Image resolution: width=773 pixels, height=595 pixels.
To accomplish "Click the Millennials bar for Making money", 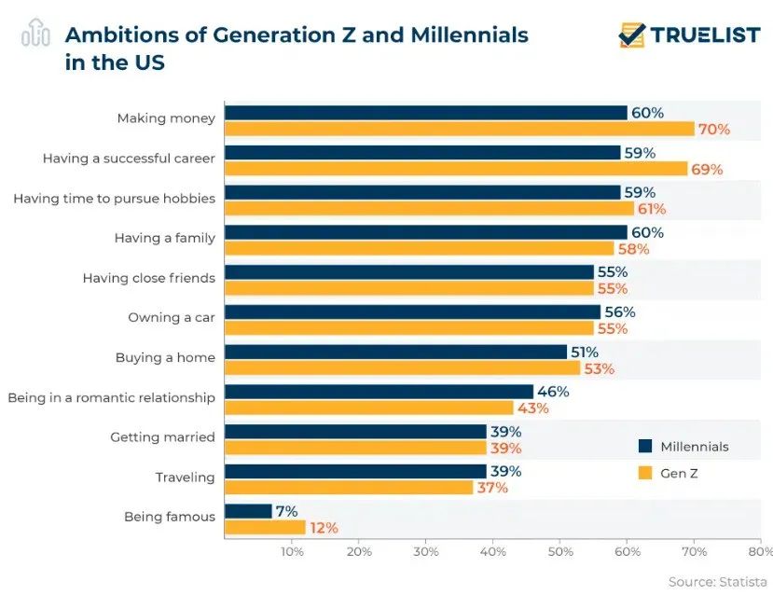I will tap(425, 113).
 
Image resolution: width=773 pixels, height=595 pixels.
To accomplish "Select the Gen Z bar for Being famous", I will tap(265, 528).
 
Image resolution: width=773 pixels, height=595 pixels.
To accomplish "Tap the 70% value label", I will tap(714, 130).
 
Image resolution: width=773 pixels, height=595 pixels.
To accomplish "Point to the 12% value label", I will tap(324, 528).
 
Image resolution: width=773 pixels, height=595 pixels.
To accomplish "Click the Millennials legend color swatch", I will tap(644, 446).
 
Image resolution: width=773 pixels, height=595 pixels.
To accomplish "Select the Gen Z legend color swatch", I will tap(644, 473).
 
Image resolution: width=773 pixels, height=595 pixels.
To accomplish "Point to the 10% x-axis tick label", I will tap(292, 551).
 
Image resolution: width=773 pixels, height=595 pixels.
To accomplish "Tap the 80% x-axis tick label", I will tap(760, 551).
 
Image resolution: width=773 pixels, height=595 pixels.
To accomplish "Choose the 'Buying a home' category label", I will tap(165, 357).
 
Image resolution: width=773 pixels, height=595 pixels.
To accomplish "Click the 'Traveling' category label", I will tap(185, 477).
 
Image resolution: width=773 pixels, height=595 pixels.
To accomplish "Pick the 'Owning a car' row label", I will tap(172, 317).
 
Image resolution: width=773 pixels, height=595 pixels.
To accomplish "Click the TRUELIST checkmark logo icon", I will tap(633, 35).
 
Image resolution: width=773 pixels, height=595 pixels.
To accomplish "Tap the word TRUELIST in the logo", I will tap(706, 35).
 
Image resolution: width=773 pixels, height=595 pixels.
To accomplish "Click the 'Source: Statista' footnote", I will tap(717, 582).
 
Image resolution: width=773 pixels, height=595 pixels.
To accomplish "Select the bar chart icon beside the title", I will tap(35, 34).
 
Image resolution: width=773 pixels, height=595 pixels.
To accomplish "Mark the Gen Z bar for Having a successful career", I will tap(456, 169).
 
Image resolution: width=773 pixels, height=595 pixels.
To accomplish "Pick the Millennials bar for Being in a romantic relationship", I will tap(379, 392).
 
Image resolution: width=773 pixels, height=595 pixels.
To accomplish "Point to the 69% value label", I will tap(707, 170).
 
